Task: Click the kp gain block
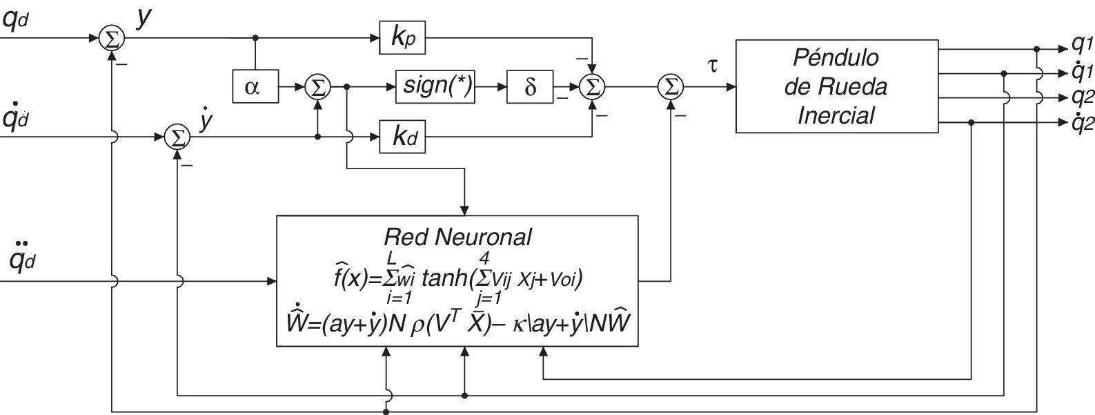[402, 38]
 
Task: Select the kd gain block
[402, 137]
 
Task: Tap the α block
[253, 87]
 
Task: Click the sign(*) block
[435, 87]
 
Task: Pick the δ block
[530, 87]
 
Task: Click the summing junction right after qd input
[110, 38]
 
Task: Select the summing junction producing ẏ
[178, 137]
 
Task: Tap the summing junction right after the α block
[317, 87]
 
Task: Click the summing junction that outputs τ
[669, 87]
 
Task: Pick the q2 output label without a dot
[1081, 97]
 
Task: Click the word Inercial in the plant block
[835, 115]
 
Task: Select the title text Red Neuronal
[457, 237]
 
